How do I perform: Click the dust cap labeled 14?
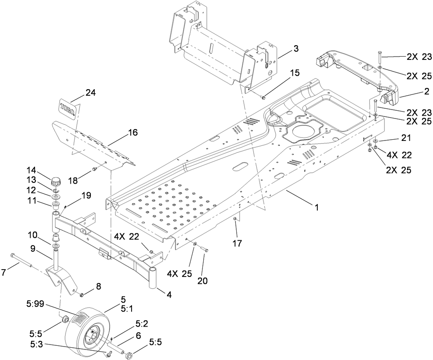tap(55, 180)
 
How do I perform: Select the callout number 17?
tap(237, 244)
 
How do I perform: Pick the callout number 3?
tap(296, 49)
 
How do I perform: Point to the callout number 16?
tap(133, 132)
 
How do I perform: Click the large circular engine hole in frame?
tap(302, 131)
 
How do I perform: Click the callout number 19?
tap(86, 195)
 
